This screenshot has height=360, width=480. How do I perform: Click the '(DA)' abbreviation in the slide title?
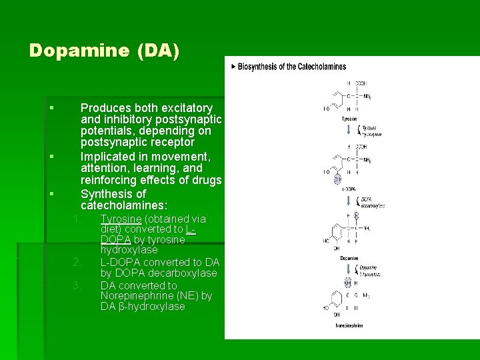[x=157, y=50]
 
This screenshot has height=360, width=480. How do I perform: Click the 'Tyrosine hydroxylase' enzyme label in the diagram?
[x=371, y=131]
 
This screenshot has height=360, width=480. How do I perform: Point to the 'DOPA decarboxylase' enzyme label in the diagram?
[x=371, y=202]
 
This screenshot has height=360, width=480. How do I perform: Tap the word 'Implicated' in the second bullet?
[x=108, y=157]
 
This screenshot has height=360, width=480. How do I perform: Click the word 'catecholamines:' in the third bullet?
[x=124, y=206]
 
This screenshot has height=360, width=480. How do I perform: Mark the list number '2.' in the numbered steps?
[x=77, y=261]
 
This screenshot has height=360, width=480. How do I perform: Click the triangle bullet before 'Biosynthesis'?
[x=233, y=67]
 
